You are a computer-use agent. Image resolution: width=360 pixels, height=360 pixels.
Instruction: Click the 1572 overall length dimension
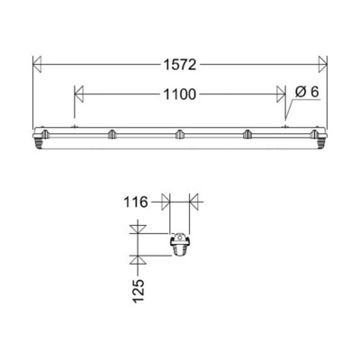(x=179, y=64)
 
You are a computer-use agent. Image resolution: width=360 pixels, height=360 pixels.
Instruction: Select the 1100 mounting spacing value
(x=179, y=93)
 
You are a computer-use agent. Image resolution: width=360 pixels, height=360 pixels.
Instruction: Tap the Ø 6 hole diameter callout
(x=307, y=93)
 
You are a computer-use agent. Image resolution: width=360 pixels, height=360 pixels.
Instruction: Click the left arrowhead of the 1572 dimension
(x=37, y=64)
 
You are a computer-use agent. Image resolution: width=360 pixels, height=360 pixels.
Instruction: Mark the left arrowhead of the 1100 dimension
(x=78, y=93)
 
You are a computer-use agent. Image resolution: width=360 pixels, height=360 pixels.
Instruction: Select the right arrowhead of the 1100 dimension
(x=281, y=93)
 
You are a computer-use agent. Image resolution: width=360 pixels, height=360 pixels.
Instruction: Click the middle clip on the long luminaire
(x=179, y=135)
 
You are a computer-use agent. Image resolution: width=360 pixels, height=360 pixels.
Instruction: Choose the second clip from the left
(x=112, y=135)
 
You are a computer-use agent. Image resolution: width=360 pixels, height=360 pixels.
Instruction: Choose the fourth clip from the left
(x=247, y=135)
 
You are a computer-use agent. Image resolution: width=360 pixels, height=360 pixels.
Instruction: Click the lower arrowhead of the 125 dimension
(x=136, y=260)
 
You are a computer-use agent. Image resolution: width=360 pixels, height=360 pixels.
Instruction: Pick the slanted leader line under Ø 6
(x=291, y=111)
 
